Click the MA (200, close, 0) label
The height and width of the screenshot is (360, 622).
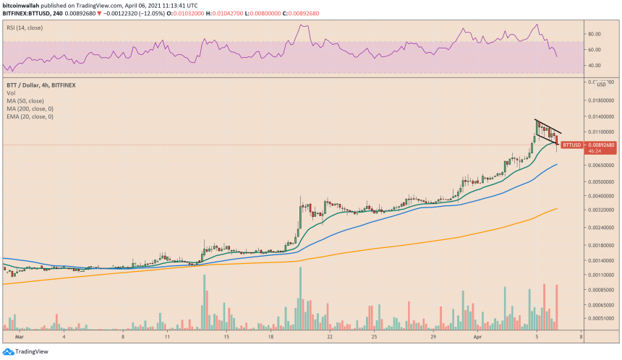[29, 108]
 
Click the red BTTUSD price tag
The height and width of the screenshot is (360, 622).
[571, 145]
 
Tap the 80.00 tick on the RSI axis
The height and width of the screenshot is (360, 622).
[596, 34]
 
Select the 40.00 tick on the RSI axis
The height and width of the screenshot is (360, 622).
[596, 65]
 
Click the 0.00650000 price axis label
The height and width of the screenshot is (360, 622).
[600, 166]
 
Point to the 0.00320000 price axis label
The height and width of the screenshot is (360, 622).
[600, 210]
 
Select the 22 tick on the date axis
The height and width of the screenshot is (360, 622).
[330, 337]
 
